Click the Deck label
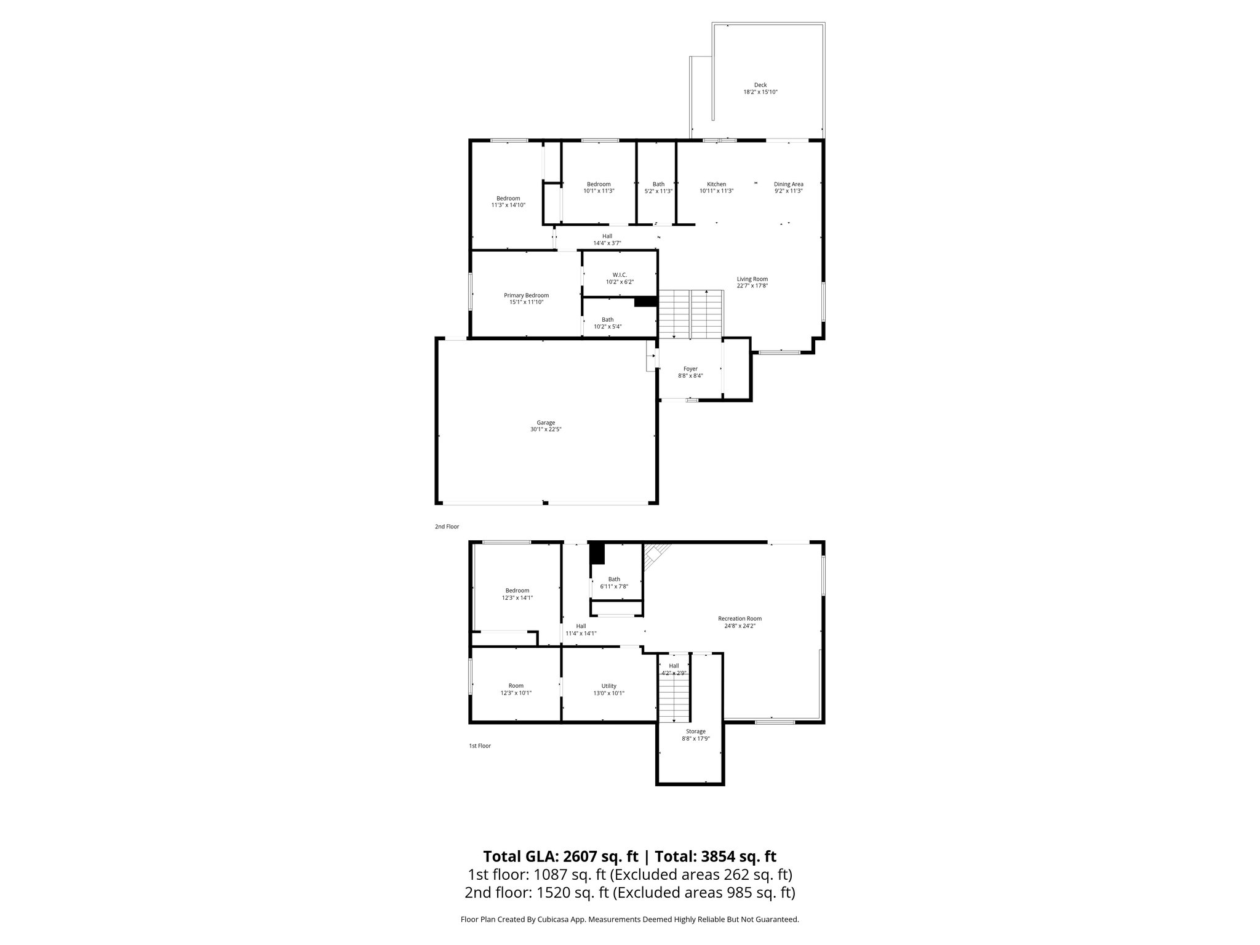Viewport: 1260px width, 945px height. pyautogui.click(x=760, y=85)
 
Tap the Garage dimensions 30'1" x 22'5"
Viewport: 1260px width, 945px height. pyautogui.click(x=546, y=429)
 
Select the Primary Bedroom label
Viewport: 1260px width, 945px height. pyautogui.click(x=526, y=295)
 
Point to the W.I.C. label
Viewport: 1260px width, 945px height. pyautogui.click(x=620, y=275)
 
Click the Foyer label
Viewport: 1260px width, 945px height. pyautogui.click(x=690, y=369)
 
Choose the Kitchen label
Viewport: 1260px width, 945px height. pyautogui.click(x=716, y=184)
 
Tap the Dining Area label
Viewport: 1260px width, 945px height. pyautogui.click(x=788, y=184)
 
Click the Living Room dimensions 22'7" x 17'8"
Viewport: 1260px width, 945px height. pyautogui.click(x=752, y=285)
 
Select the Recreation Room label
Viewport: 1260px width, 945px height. pyautogui.click(x=740, y=619)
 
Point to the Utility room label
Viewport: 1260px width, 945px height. pyautogui.click(x=608, y=686)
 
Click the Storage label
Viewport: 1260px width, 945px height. pyautogui.click(x=696, y=732)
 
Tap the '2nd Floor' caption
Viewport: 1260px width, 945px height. pyautogui.click(x=447, y=527)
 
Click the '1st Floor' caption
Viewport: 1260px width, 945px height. pyautogui.click(x=480, y=746)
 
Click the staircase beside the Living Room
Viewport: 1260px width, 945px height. pyautogui.click(x=690, y=313)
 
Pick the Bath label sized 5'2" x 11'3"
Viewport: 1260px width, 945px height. pyautogui.click(x=658, y=184)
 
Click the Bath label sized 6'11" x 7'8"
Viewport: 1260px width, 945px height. pyautogui.click(x=614, y=579)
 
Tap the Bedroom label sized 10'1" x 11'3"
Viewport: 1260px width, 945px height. pyautogui.click(x=599, y=184)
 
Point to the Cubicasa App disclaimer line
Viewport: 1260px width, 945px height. pyautogui.click(x=629, y=919)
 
